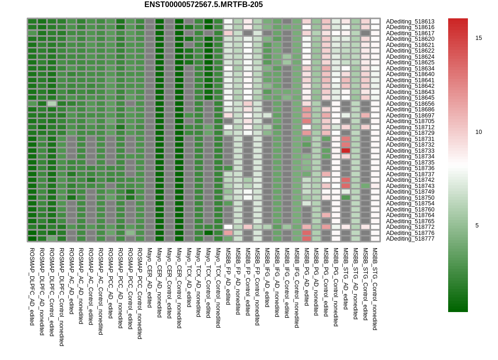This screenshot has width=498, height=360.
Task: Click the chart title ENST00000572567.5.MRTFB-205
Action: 204,4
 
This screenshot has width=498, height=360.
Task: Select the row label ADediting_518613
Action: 410,22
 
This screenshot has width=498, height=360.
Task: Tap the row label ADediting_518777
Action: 410,239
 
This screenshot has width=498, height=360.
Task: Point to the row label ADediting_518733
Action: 410,151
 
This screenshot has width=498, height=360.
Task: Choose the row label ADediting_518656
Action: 410,104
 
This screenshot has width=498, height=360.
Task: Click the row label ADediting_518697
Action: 410,116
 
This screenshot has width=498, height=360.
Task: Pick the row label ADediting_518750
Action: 410,198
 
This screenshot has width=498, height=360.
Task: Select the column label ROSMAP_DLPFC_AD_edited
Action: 32,287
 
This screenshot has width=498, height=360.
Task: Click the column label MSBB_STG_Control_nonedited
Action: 375,289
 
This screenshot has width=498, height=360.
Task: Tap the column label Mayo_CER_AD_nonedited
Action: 159,282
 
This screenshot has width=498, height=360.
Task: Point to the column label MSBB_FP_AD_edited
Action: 228,276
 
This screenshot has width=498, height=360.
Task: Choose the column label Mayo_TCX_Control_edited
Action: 208,283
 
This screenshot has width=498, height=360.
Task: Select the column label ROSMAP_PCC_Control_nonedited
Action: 140,293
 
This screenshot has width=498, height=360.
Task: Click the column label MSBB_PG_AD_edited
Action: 307,277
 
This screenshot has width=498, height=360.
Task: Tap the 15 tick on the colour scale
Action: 479,38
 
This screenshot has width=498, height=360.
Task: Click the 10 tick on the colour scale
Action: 479,132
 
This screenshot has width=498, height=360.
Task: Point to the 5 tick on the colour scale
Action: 477,226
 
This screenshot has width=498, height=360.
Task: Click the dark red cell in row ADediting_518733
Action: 346,151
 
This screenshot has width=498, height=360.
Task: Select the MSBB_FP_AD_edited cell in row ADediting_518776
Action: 228,233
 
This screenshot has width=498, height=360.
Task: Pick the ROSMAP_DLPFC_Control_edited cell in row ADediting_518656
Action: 52,104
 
